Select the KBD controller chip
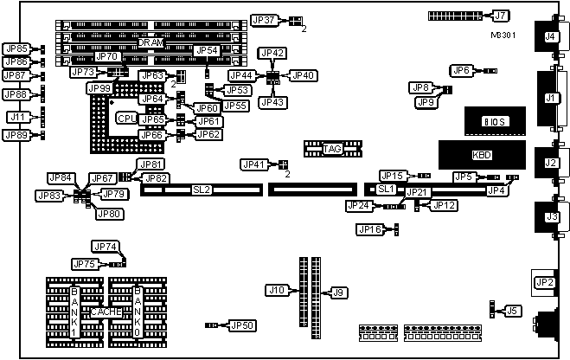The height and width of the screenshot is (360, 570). coord(480,155)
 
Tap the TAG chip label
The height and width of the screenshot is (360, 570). coord(333,150)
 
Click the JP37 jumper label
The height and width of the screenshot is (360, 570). coord(264,20)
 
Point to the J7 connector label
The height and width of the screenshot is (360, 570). coord(501,16)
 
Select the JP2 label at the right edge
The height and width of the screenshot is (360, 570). coord(545,281)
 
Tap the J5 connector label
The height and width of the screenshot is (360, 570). coord(513,309)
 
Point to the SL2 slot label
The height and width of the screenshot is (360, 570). coord(202,189)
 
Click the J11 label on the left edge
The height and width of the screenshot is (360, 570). coord(16,117)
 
